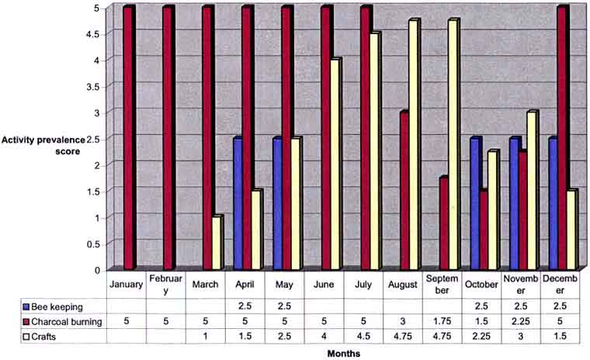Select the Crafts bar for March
point(217,244)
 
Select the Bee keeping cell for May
point(283,304)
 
